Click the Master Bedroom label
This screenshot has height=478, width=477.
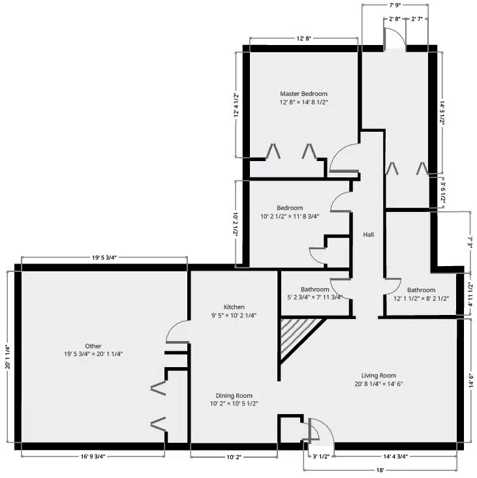(x=303, y=94)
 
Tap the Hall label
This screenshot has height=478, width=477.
(x=369, y=234)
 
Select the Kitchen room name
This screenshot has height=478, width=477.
(x=234, y=306)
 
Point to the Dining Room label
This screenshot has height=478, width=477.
(x=234, y=395)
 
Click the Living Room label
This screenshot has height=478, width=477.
(x=378, y=375)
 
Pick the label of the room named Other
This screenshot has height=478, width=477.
(x=93, y=346)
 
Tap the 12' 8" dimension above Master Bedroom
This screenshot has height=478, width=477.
(x=303, y=38)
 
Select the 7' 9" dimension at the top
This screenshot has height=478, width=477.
(x=395, y=5)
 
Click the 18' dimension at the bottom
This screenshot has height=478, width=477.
(x=380, y=470)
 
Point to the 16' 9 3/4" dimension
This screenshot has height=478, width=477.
(x=93, y=456)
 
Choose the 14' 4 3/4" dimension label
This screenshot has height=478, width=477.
(x=395, y=456)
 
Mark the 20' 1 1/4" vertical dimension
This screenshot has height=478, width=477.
(x=8, y=357)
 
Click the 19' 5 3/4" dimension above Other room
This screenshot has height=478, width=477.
(x=104, y=258)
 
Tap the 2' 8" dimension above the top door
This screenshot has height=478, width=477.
(x=395, y=19)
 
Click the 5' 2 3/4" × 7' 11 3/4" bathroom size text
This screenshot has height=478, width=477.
(x=315, y=297)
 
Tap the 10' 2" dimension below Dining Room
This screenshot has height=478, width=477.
(x=234, y=457)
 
